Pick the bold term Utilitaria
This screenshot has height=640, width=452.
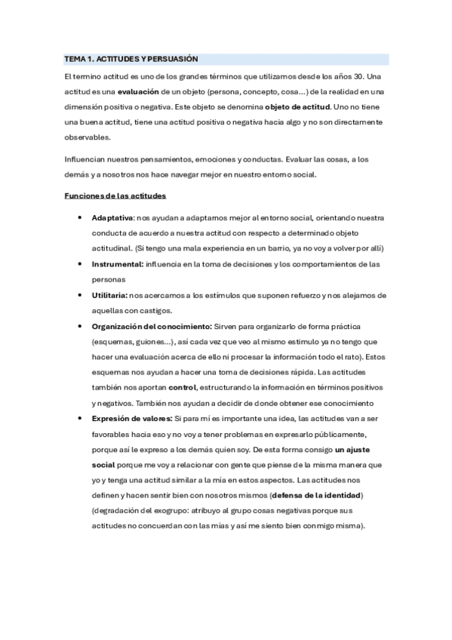(109, 295)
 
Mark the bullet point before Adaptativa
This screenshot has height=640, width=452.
(80, 217)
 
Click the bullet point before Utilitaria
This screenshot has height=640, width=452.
(80, 295)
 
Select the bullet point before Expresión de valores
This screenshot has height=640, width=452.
(80, 418)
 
